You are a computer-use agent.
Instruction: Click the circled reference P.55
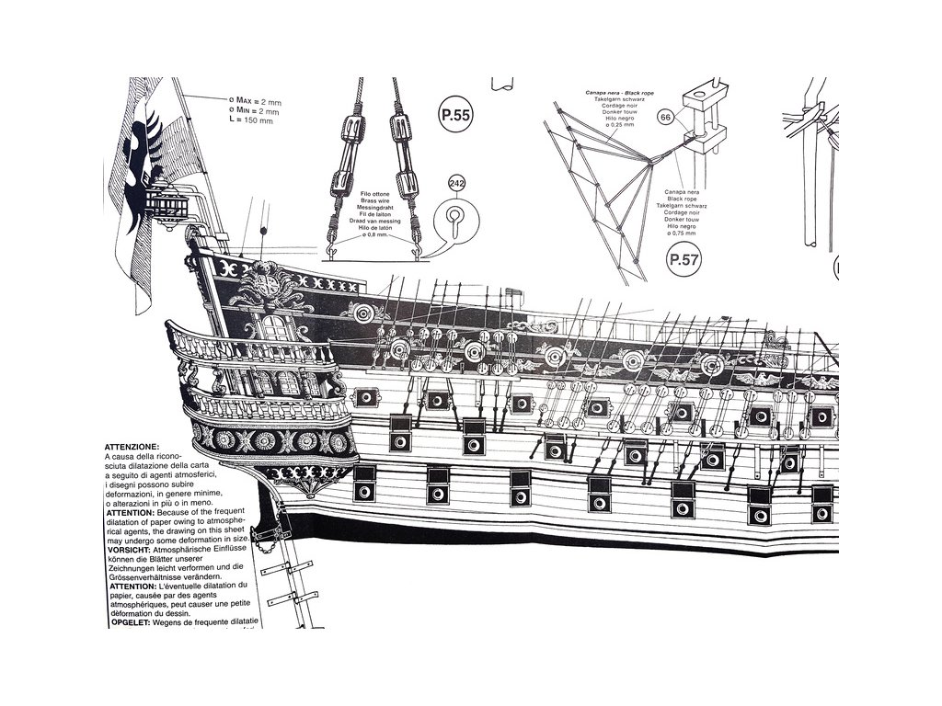(x=455, y=116)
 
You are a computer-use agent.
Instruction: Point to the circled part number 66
(x=666, y=117)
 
